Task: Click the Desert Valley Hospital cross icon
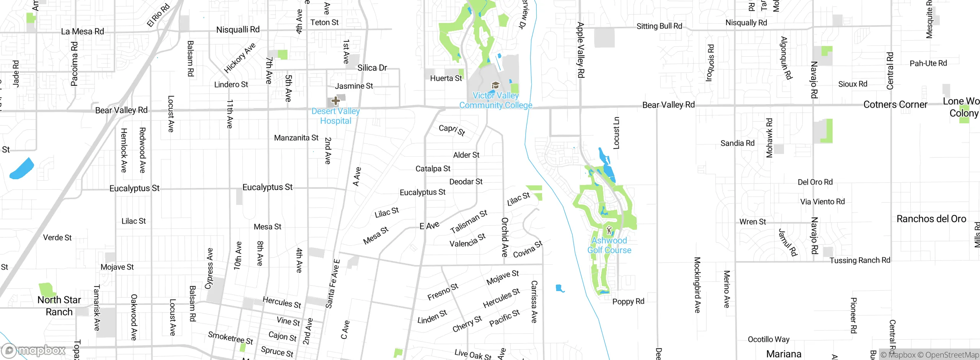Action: click(336, 101)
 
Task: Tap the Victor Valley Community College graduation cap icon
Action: click(495, 85)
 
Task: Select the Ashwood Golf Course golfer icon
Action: click(609, 231)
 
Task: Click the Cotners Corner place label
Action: click(895, 105)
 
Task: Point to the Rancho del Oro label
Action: click(931, 219)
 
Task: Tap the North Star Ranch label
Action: click(59, 306)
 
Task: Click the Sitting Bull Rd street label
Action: click(659, 26)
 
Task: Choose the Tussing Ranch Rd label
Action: click(860, 260)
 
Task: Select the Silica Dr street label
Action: click(372, 68)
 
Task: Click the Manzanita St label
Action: click(296, 137)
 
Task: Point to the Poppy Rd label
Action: click(628, 301)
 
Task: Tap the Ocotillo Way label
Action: click(768, 339)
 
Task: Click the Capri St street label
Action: click(452, 130)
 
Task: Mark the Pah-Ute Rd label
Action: click(928, 63)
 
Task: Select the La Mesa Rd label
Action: click(82, 31)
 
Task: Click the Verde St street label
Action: click(57, 237)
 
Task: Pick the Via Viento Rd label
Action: click(822, 201)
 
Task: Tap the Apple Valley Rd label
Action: click(581, 50)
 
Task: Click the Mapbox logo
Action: click(34, 350)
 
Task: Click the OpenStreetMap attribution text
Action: click(952, 355)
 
